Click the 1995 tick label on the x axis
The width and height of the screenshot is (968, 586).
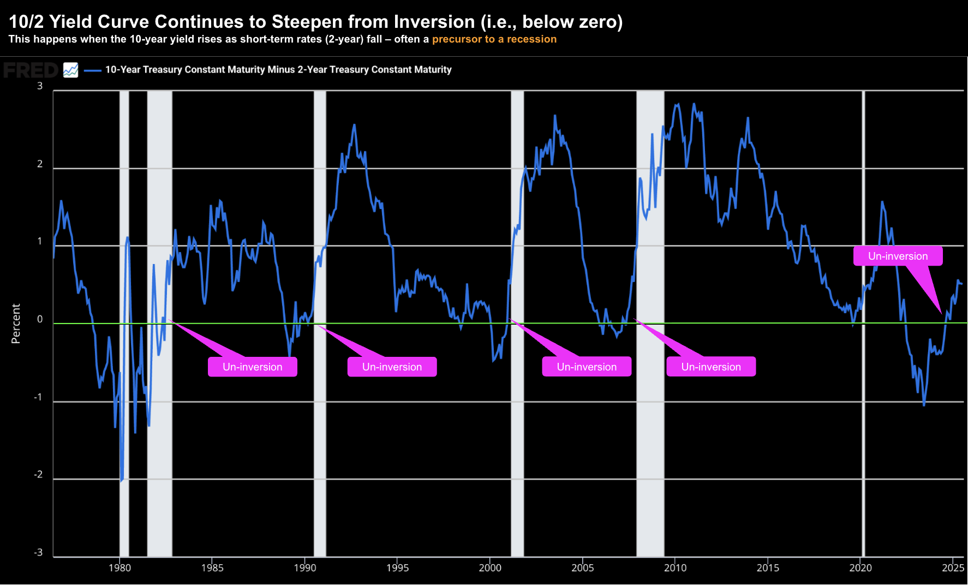tap(397, 568)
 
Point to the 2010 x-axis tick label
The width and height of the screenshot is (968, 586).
tap(675, 568)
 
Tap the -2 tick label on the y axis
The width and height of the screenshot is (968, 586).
tap(38, 475)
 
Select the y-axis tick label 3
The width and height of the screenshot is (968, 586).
tap(40, 86)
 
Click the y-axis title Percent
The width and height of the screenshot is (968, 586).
tap(16, 324)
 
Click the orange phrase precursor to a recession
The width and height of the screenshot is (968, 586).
tap(494, 39)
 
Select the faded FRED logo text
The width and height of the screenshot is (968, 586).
tap(31, 70)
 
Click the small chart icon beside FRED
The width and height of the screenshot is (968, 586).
tap(70, 70)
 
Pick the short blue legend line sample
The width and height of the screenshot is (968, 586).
tap(93, 70)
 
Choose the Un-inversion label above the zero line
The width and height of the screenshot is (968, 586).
tap(898, 256)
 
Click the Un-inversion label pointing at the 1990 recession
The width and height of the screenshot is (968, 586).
tap(392, 367)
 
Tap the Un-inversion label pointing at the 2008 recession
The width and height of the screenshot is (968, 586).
tap(711, 367)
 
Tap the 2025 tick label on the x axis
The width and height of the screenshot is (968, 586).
tap(953, 568)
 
